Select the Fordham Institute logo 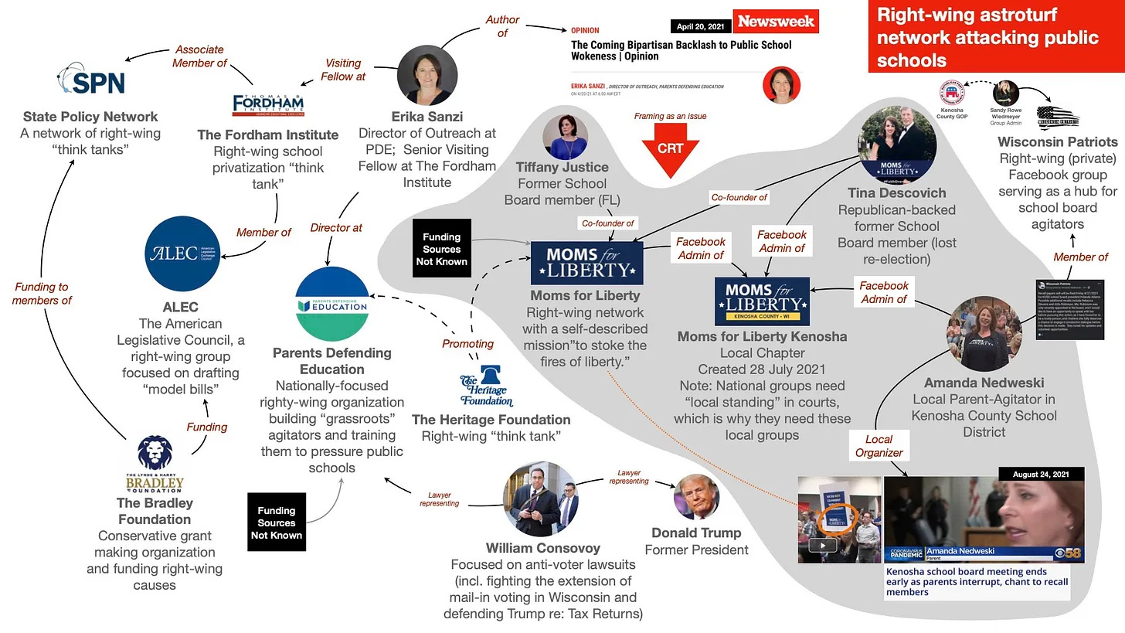point(268,104)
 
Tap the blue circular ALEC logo point(182,254)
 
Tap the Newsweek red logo point(775,22)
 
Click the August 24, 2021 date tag point(1036,474)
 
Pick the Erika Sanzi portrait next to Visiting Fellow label point(427,75)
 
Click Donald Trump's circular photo point(696,497)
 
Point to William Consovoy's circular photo point(540,499)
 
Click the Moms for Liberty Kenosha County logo point(762,301)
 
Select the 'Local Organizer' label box point(879,446)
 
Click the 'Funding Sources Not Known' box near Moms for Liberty point(441,249)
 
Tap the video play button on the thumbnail point(821,545)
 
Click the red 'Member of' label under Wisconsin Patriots point(1080,257)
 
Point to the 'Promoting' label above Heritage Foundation point(467,344)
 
